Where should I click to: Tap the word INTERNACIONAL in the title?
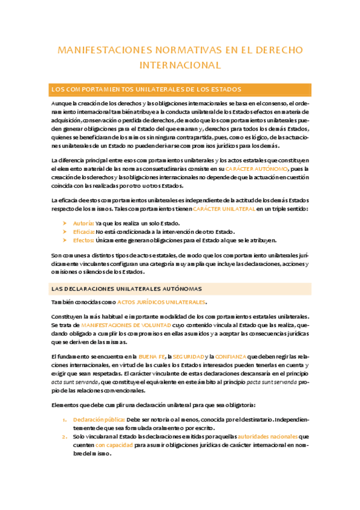[180, 64]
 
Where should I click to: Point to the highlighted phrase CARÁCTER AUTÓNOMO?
[254, 169]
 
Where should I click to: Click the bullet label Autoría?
[82, 223]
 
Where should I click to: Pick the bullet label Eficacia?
[83, 232]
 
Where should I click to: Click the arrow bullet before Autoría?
[65, 223]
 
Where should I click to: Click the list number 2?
[65, 436]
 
